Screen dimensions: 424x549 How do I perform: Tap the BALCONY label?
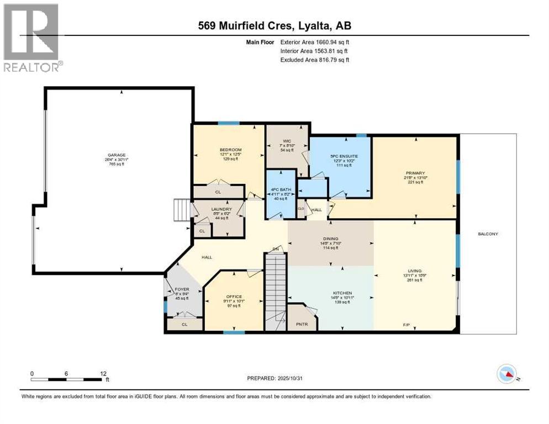(488, 234)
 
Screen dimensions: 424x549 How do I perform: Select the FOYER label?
(181, 289)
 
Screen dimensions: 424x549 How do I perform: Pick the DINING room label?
(330, 240)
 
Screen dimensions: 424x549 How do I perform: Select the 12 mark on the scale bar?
(103, 374)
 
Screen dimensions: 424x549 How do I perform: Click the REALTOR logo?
(32, 36)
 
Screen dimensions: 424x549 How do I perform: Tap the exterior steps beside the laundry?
(181, 210)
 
